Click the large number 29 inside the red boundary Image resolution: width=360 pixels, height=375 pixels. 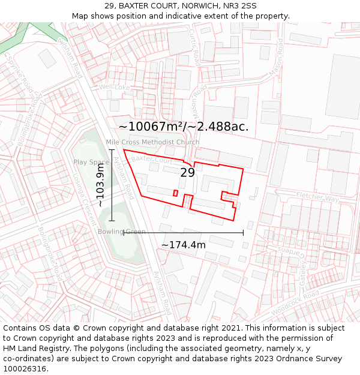point(187,173)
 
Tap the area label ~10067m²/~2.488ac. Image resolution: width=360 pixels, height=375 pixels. point(184,127)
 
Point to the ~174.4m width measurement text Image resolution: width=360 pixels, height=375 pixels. point(183,245)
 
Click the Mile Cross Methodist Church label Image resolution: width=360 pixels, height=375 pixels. point(153,142)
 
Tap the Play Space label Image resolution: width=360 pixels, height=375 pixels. point(91,162)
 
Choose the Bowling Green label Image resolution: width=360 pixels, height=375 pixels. point(122,232)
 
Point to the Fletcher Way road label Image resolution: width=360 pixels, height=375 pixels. point(317,197)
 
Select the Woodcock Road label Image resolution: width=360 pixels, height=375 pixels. point(295,305)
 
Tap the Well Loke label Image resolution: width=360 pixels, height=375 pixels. point(114,87)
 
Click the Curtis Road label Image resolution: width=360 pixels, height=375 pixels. point(194,46)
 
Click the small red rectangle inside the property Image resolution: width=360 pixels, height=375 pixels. point(175,193)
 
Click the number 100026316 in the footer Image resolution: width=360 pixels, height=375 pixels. point(26,368)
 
